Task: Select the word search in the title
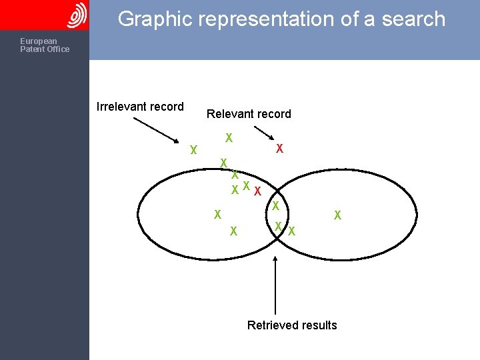point(411,19)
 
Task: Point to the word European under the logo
point(39,41)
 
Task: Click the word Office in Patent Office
point(57,49)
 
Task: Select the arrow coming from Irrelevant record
point(156,131)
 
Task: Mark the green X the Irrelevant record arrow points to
point(193,150)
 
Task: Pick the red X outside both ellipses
point(280,148)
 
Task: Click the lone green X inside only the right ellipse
point(337,215)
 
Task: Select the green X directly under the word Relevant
point(229,138)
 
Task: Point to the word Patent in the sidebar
point(31,49)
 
